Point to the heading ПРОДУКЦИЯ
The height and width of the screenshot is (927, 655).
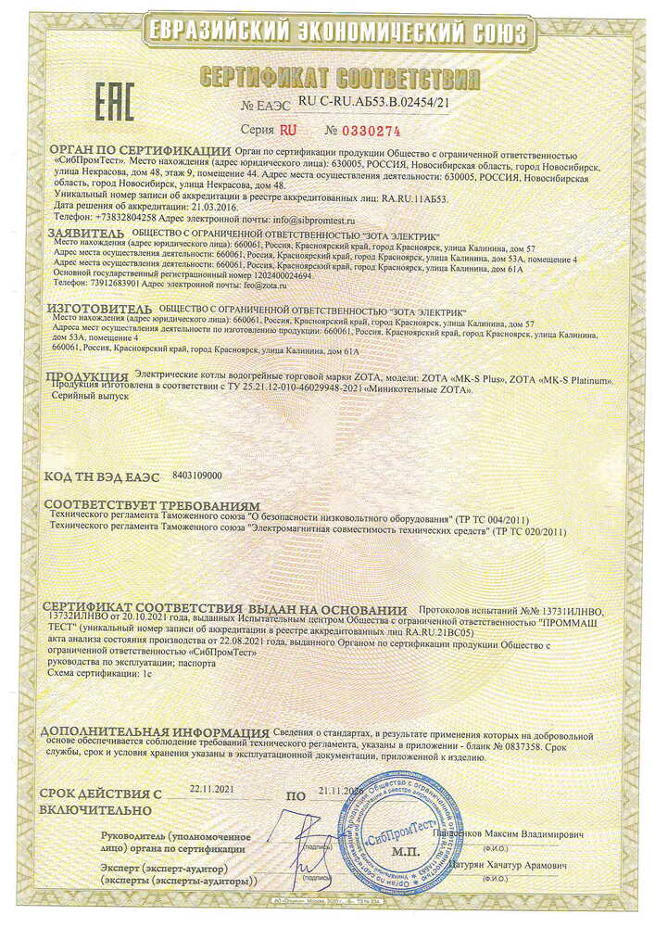click(88, 376)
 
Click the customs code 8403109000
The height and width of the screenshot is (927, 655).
click(197, 475)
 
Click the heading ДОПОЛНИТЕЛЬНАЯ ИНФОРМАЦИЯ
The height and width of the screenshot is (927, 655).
click(155, 731)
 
